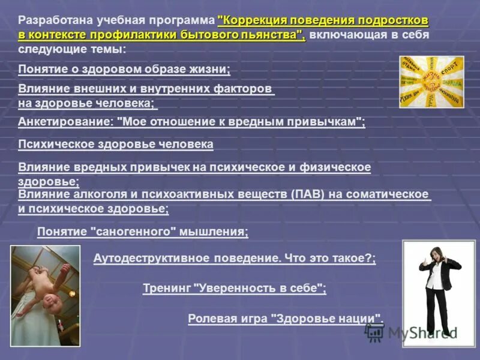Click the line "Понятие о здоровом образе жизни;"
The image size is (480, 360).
pos(124,69)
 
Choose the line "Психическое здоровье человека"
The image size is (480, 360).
pos(116,145)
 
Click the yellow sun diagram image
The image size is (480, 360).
pos(431,82)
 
